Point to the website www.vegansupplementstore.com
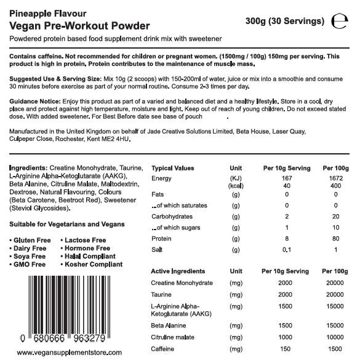pos(76,353)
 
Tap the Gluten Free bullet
pos(31,240)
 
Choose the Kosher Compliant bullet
pos(92,264)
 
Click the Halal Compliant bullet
pos(90,256)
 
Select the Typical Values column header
pos(173,168)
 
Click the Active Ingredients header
pos(178,271)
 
